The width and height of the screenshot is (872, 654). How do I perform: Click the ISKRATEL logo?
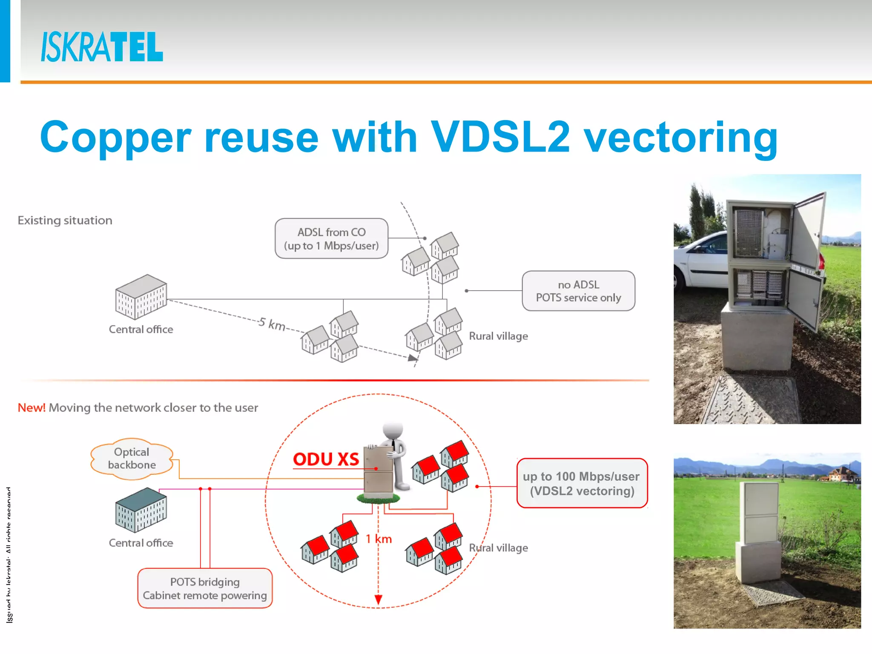click(x=102, y=47)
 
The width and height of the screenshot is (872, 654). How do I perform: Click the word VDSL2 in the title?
click(x=500, y=137)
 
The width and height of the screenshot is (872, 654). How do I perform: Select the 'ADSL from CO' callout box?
click(x=331, y=239)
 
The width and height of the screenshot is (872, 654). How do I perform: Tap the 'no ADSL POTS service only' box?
click(x=578, y=291)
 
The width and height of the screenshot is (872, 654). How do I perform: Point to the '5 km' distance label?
click(x=272, y=324)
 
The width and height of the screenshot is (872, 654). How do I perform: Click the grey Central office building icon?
click(x=141, y=297)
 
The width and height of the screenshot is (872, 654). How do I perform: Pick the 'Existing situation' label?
click(x=65, y=221)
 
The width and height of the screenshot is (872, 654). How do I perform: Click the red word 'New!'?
click(x=32, y=408)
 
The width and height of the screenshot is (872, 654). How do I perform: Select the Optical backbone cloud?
click(x=132, y=459)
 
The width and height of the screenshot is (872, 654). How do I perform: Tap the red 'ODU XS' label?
click(x=326, y=459)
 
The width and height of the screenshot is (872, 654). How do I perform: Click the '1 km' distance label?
click(x=379, y=539)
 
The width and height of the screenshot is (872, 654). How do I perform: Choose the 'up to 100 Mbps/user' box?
click(x=582, y=484)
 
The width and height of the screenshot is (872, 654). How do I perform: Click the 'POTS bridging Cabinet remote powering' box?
click(x=205, y=588)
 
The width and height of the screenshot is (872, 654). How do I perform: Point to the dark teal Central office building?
click(x=141, y=510)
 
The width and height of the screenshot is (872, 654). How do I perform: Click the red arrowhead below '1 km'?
click(x=378, y=599)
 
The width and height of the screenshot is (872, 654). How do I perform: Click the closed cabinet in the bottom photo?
click(x=760, y=532)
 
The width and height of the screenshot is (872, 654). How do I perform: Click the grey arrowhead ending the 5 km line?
click(x=413, y=358)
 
